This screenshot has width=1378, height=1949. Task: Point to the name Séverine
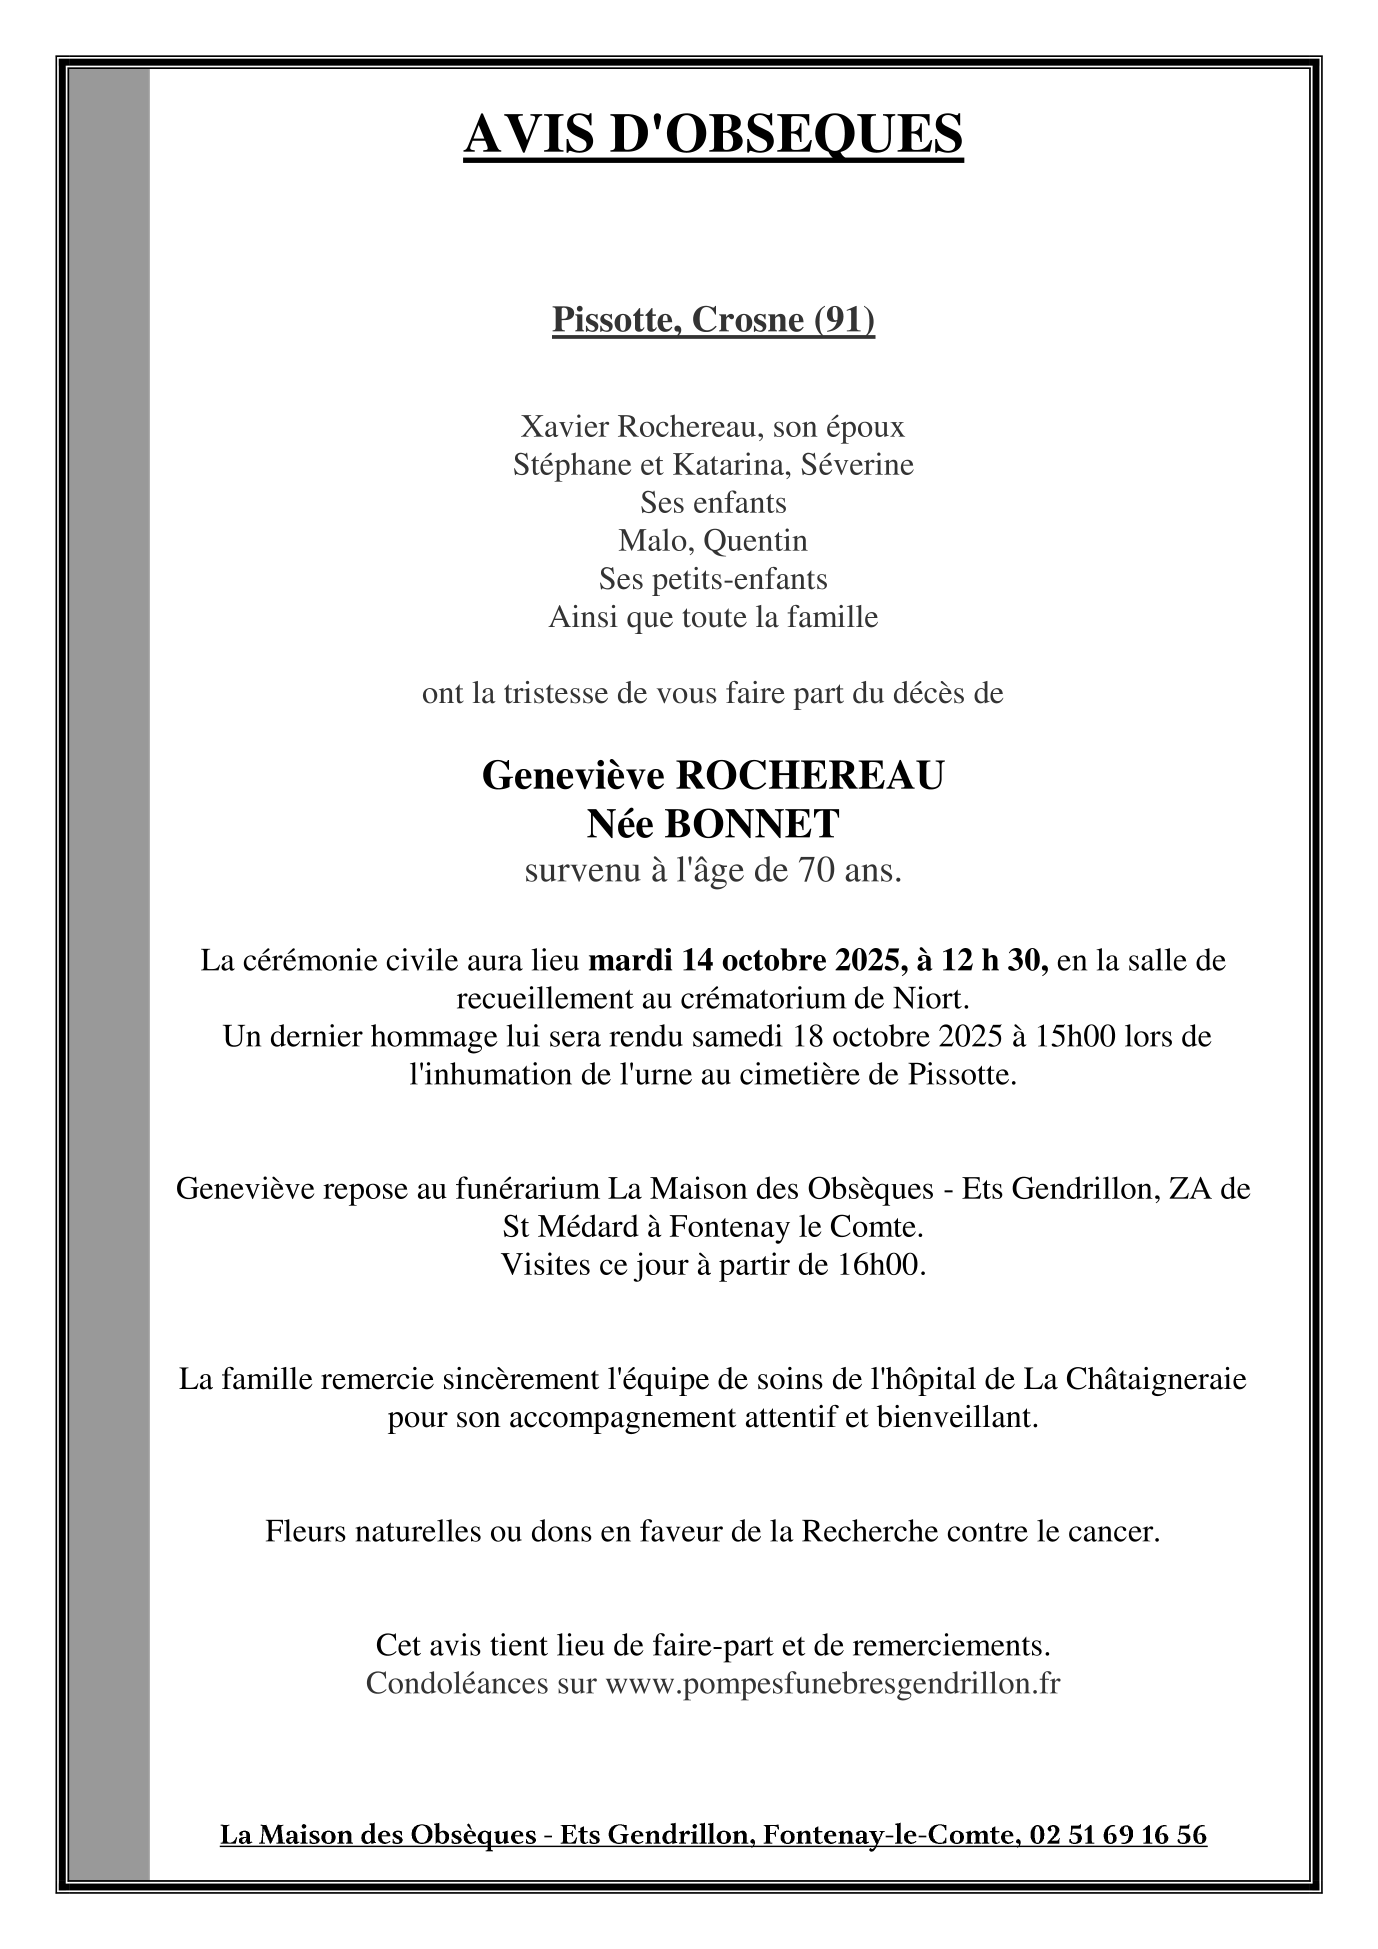[864, 465]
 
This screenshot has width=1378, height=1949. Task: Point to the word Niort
[936, 999]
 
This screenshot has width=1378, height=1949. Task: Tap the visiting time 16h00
[877, 1265]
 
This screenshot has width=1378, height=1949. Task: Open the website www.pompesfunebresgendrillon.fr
[832, 1684]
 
